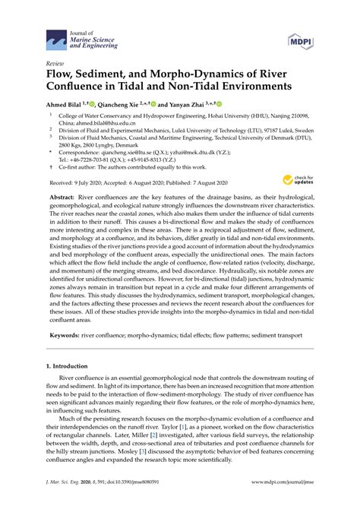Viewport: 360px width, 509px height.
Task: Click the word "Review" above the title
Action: tap(55, 65)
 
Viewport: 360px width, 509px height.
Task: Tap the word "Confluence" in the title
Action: tap(84, 87)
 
